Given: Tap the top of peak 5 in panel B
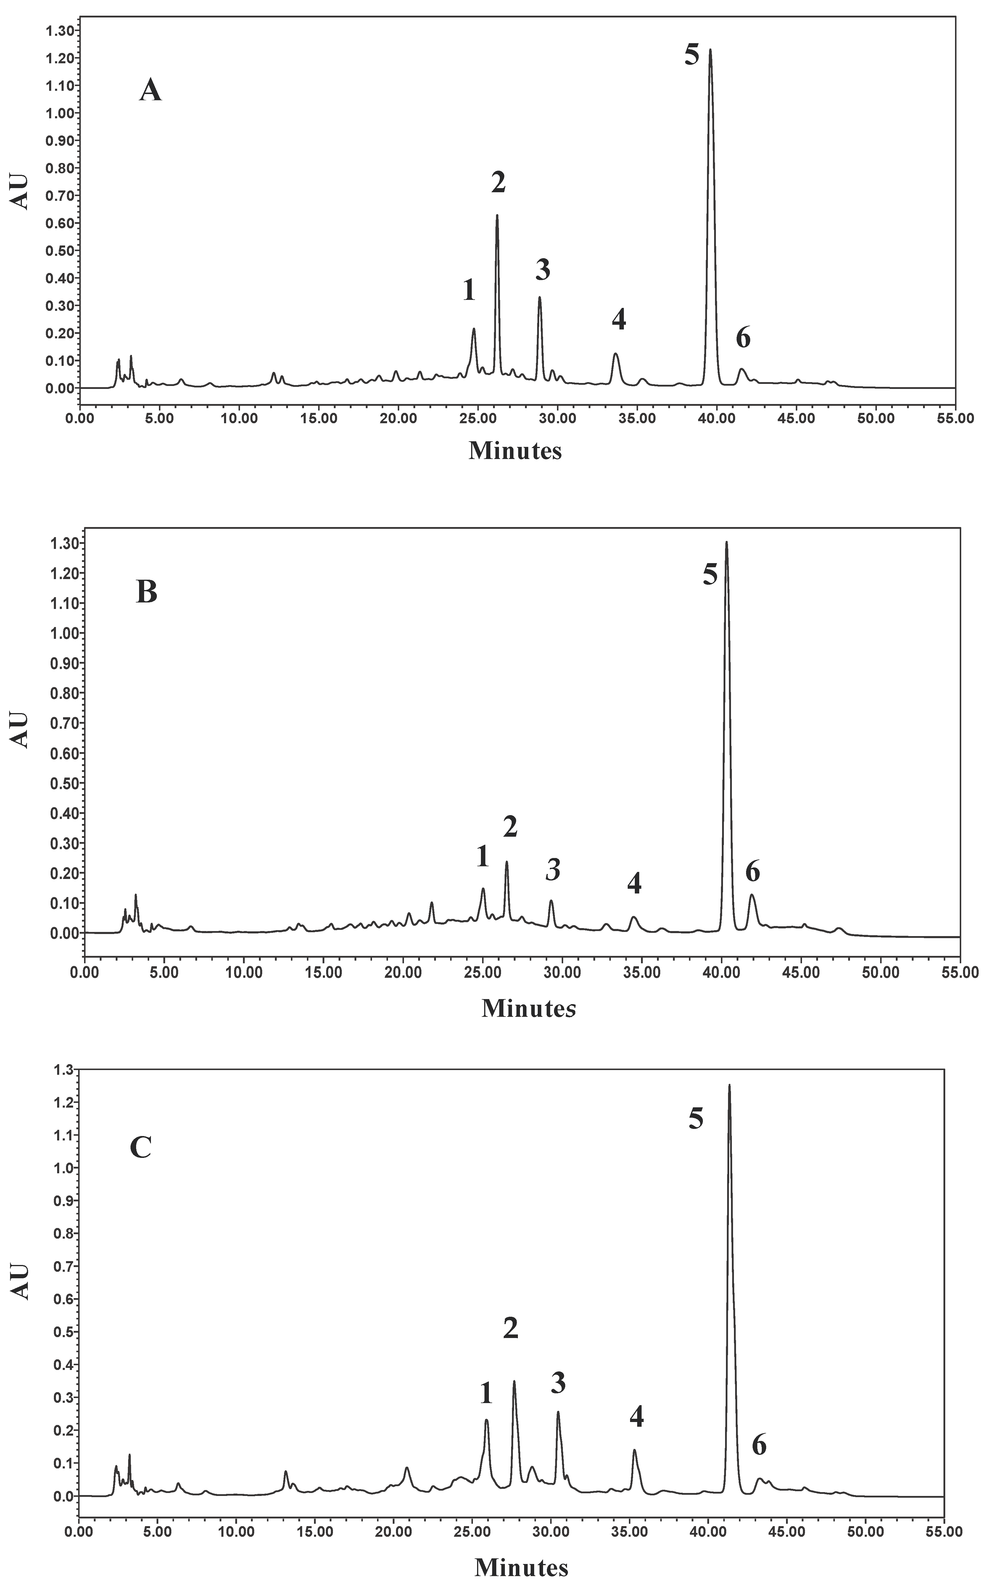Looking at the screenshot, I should coord(726,542).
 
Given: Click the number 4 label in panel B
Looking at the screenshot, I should coord(634,883).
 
